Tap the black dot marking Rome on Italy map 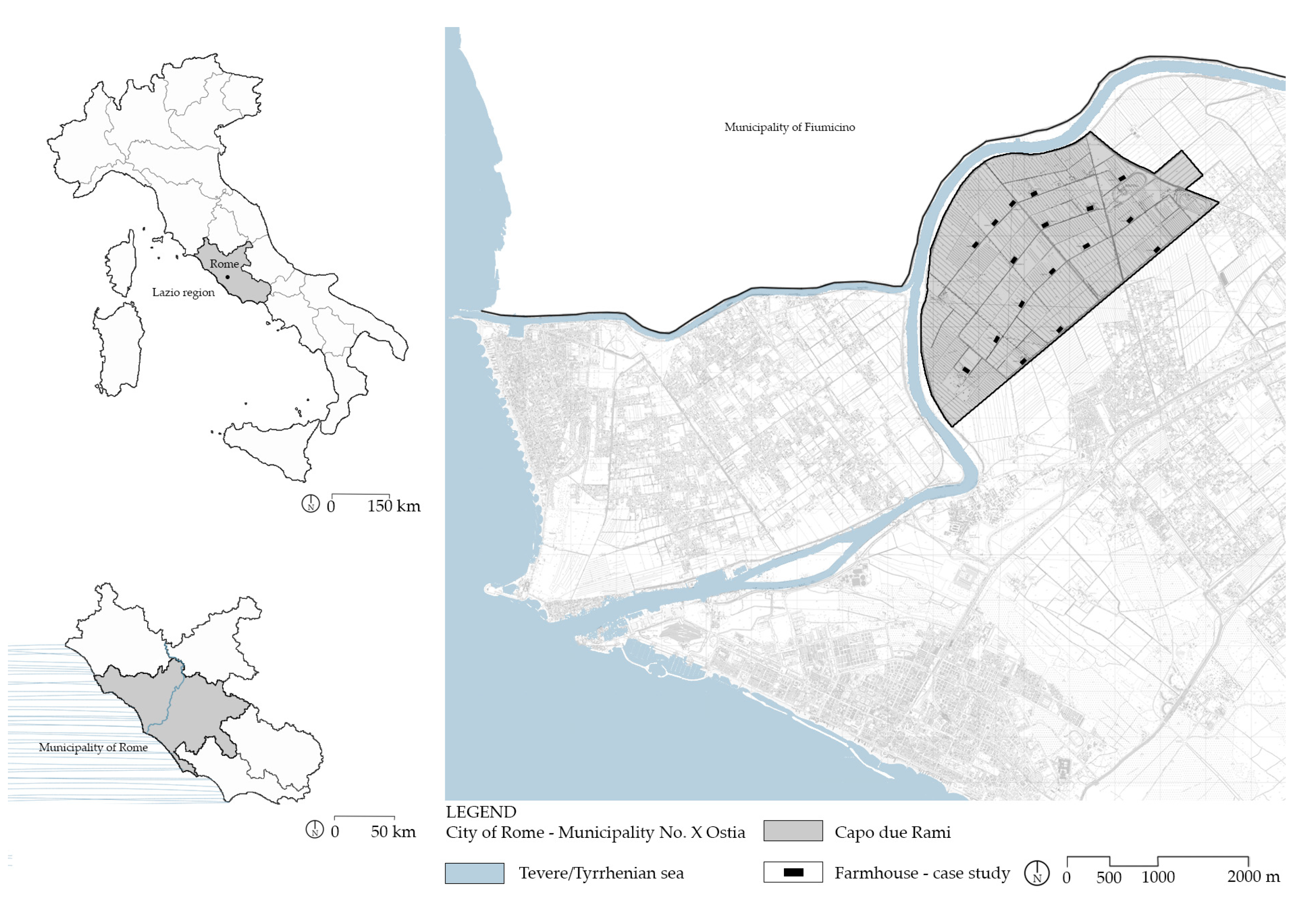[x=227, y=277]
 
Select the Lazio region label [x=183, y=292]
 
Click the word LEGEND [x=481, y=812]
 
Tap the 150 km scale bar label [x=393, y=506]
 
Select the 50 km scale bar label [x=393, y=832]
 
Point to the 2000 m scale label [x=1253, y=877]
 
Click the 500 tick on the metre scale [x=1108, y=877]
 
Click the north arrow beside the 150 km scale [x=310, y=504]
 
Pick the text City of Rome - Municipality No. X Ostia [x=595, y=832]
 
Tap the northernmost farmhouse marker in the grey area [x=1122, y=178]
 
